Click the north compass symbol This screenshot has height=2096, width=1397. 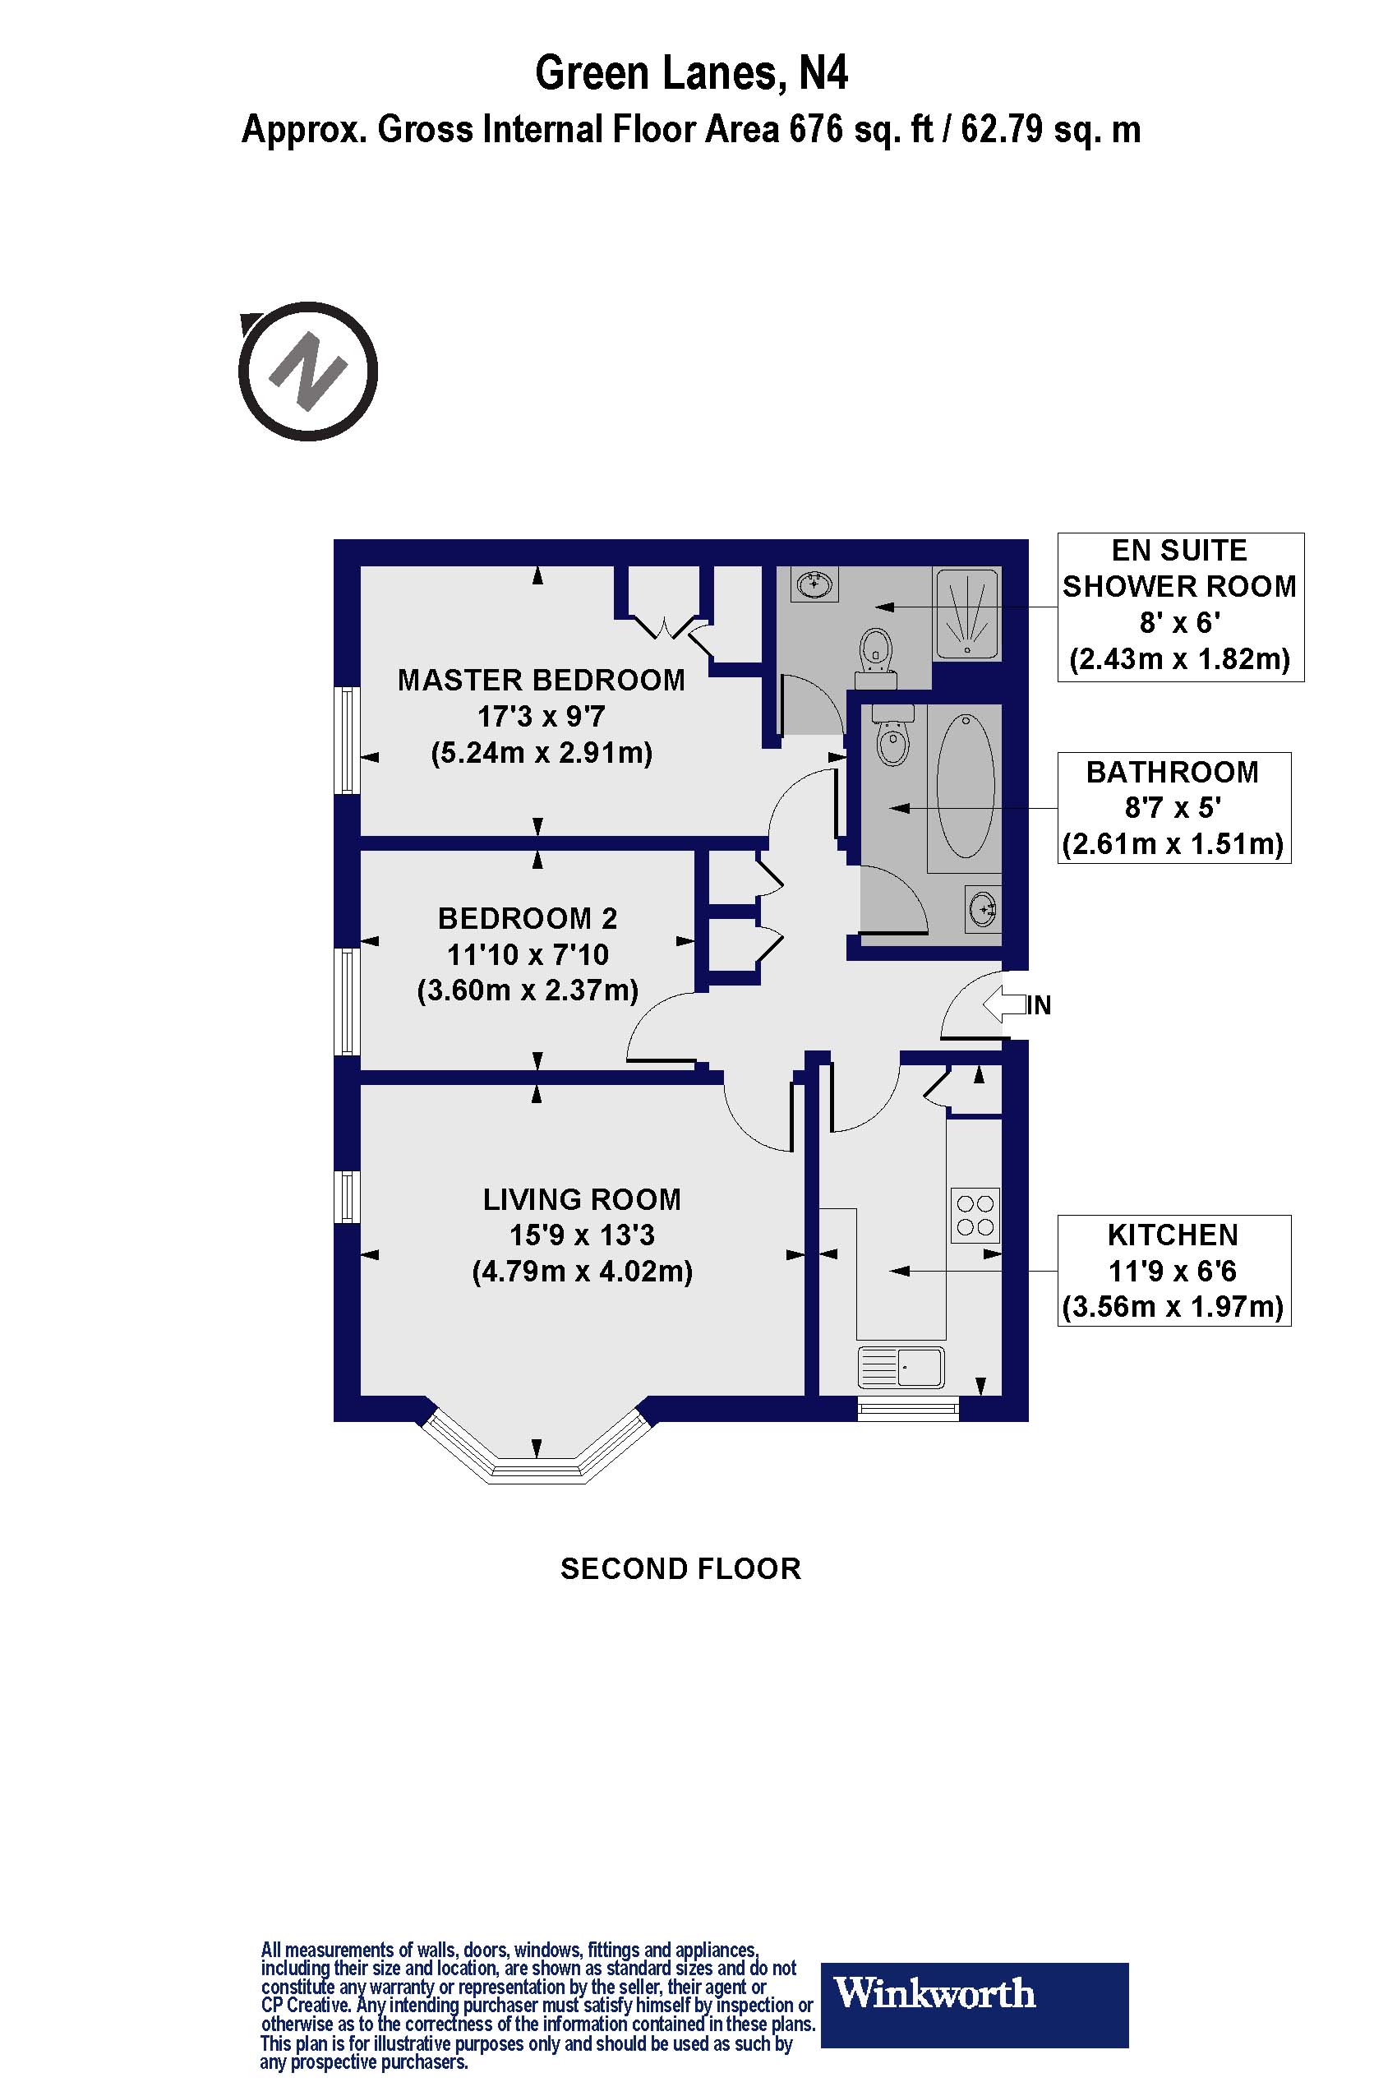pos(307,372)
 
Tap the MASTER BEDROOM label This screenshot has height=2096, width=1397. pos(541,681)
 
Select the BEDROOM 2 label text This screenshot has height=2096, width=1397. pos(528,919)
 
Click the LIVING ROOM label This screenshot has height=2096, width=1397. pos(582,1199)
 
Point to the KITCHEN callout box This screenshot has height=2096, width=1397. pos(1173,1271)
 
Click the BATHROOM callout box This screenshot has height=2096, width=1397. pos(1173,808)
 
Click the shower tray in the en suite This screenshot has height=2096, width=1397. pos(966,614)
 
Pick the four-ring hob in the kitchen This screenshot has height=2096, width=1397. pos(975,1216)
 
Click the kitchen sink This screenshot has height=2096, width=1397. pos(901,1367)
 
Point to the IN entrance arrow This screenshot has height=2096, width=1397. pos(1005,1005)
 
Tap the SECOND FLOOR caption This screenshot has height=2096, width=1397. pos(680,1568)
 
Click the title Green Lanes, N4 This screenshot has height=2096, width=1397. pos(690,73)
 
